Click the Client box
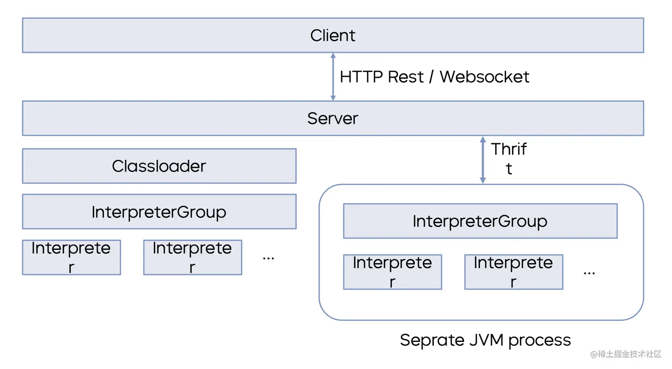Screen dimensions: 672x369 (x=333, y=36)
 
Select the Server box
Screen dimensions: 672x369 (x=333, y=118)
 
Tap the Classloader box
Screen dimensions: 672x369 (x=159, y=166)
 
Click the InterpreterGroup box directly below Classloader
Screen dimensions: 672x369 (x=159, y=212)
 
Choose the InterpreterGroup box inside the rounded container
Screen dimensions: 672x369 (x=480, y=221)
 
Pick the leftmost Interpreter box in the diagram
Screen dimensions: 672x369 (x=72, y=257)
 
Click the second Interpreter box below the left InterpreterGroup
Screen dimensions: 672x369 (x=192, y=257)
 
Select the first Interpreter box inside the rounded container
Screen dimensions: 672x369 (x=392, y=272)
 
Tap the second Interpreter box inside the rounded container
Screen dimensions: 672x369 (x=514, y=272)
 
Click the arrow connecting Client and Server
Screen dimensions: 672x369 (x=333, y=77)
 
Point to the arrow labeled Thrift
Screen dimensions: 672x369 (x=483, y=160)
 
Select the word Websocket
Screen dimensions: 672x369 (x=484, y=77)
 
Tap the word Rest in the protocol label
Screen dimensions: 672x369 (x=406, y=77)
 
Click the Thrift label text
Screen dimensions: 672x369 (x=509, y=158)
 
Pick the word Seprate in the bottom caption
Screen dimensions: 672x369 (x=432, y=341)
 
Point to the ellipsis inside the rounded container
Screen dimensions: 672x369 (x=589, y=273)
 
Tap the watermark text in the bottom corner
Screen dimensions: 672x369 (x=626, y=354)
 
